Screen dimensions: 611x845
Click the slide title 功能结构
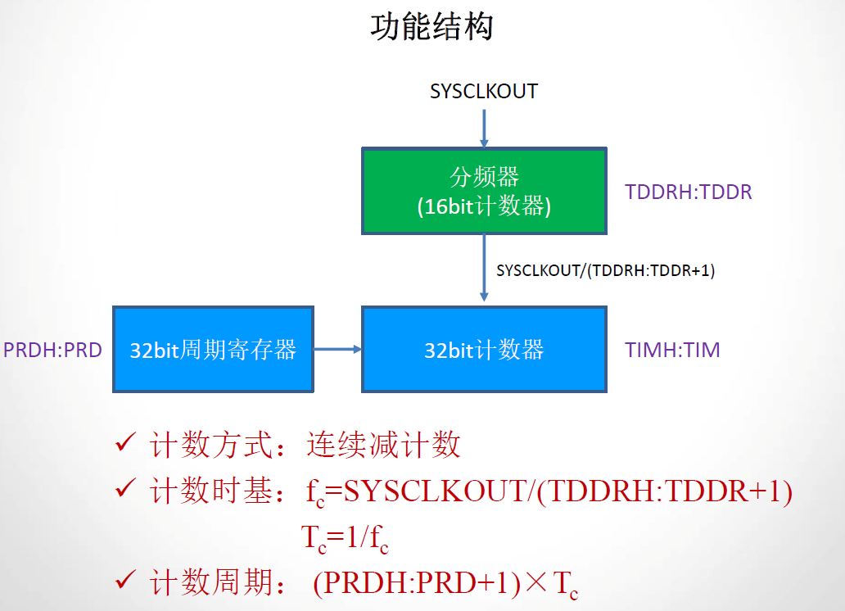coord(432,27)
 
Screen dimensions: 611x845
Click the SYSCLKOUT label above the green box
coord(484,91)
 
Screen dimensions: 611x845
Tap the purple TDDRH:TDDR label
coord(688,192)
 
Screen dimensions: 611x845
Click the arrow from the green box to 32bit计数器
coord(484,270)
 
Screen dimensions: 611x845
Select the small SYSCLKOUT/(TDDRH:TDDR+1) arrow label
coord(605,270)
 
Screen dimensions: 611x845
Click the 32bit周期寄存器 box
coord(213,350)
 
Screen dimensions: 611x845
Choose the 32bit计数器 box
coord(484,350)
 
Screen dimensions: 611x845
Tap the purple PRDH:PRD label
coord(52,351)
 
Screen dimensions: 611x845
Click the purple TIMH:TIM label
coord(672,351)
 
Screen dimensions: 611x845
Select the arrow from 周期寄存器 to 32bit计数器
coord(337,350)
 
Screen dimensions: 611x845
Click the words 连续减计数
coord(383,446)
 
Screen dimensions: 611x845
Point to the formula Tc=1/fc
coord(345,538)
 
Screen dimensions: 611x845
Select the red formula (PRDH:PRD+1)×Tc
coord(445,584)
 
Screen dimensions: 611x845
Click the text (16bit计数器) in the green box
coord(483,206)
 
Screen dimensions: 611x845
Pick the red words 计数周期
coord(210,584)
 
